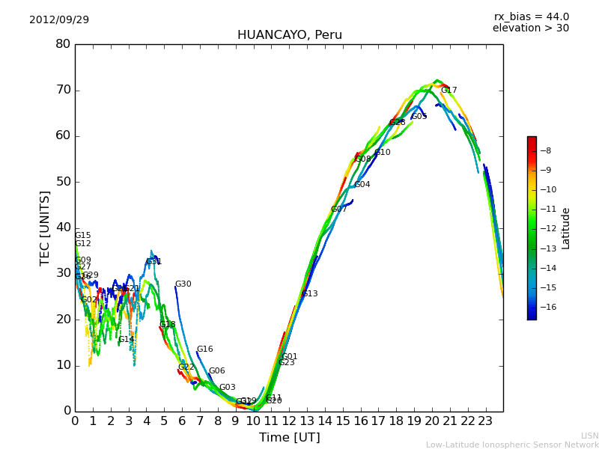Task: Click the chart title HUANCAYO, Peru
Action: (289, 35)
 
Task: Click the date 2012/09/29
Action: (59, 19)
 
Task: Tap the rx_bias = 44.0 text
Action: (531, 17)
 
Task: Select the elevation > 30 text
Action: (530, 28)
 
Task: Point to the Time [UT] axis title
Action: (289, 438)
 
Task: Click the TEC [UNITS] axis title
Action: (46, 228)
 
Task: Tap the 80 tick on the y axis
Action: (63, 44)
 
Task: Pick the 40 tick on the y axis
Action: (63, 227)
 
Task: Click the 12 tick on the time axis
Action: (289, 421)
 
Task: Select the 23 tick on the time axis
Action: (485, 421)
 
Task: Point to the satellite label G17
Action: (449, 91)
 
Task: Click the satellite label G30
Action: (183, 284)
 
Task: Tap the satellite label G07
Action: (339, 210)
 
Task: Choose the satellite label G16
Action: (205, 349)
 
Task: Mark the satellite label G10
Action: (383, 153)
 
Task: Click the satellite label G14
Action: (127, 340)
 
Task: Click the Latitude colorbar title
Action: (566, 228)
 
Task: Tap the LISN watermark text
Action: (589, 436)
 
